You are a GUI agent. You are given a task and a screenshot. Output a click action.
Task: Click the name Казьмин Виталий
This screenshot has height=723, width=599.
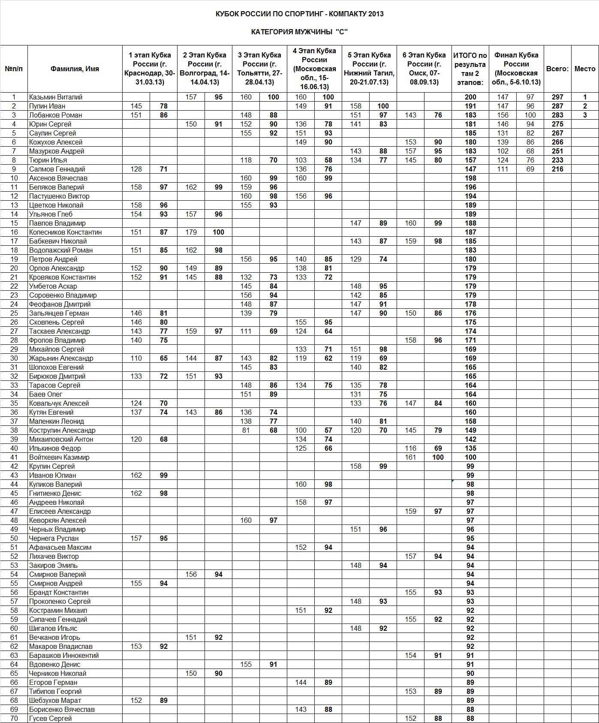tap(56, 97)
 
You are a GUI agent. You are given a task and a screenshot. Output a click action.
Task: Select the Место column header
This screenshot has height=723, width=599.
tap(585, 69)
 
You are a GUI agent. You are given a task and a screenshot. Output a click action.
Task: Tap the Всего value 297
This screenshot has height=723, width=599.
tap(557, 97)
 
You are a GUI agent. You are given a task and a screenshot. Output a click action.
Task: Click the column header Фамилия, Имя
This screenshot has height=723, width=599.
tap(75, 69)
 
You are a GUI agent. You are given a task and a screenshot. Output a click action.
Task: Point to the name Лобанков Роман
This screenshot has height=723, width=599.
tap(56, 115)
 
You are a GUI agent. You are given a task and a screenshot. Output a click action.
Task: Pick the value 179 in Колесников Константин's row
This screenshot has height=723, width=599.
tap(191, 232)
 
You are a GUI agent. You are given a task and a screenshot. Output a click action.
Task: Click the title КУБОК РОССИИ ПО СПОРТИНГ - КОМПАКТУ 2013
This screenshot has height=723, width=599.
tap(299, 14)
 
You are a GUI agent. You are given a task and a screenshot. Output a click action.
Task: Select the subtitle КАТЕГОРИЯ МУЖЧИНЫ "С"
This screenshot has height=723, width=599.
tap(299, 32)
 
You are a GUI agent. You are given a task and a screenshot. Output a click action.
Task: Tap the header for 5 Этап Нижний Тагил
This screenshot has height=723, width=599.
tap(369, 69)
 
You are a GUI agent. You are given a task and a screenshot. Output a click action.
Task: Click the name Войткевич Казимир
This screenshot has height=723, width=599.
tap(59, 457)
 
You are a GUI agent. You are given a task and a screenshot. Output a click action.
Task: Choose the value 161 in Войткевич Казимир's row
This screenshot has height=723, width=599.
tap(410, 457)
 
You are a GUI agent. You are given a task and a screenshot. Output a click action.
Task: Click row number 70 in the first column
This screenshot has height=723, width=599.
tap(14, 718)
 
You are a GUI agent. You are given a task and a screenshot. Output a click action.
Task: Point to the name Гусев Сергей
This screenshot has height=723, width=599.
tap(51, 718)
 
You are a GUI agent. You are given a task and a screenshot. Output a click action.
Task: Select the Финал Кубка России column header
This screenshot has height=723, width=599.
tap(516, 69)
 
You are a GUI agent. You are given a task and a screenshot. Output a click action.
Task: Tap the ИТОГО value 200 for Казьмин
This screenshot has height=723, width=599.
tap(470, 97)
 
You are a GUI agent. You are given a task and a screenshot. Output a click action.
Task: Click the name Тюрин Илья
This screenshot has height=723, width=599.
tap(48, 160)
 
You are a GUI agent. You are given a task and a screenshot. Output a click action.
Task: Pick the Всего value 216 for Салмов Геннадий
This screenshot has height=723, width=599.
tap(557, 169)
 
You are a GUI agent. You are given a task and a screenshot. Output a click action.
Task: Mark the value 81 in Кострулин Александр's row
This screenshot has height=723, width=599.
tap(246, 430)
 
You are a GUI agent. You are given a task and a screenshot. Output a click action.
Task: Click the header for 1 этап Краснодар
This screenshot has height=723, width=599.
tap(150, 69)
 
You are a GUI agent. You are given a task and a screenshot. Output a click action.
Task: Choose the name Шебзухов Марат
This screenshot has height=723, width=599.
tap(55, 700)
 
